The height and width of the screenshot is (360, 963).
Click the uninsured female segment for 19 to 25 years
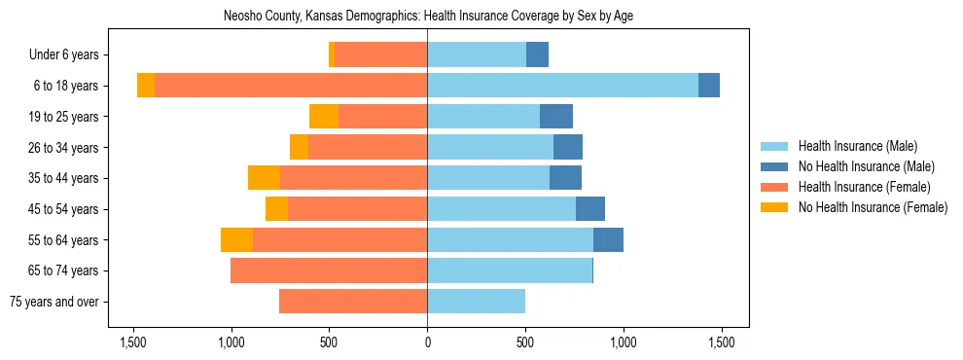324,117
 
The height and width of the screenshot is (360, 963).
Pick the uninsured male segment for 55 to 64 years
608,240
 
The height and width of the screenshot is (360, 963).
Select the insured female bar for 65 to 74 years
329,270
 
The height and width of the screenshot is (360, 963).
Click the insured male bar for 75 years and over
476,302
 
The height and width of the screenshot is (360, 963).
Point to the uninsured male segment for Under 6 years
537,54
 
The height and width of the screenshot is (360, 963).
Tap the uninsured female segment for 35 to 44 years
264,178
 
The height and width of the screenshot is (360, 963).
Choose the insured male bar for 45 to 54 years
501,209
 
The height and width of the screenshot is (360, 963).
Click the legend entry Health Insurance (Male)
857,146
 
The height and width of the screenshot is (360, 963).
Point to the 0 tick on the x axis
427,342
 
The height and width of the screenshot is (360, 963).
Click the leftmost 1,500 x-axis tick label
133,342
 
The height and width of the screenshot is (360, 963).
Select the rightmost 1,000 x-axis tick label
623,342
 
